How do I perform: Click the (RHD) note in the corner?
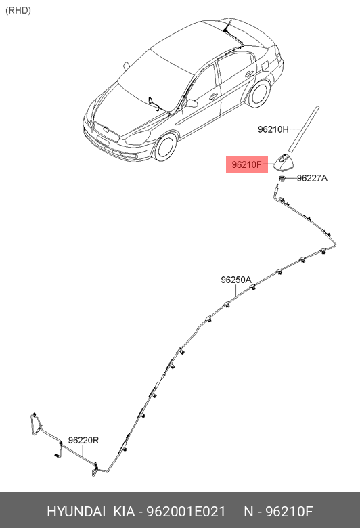[18, 10]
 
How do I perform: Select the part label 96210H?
[273, 129]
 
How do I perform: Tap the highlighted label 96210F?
[246, 164]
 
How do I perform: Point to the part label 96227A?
[312, 178]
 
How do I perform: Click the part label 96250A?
[236, 280]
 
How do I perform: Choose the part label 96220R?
[83, 440]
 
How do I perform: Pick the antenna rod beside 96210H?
[303, 130]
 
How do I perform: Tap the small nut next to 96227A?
[282, 178]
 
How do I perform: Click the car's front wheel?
[166, 147]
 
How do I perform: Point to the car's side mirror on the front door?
[191, 103]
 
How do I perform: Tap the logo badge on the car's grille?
[106, 129]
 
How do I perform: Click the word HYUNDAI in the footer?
[76, 512]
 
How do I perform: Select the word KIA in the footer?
[125, 512]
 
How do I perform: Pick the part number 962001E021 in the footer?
[185, 512]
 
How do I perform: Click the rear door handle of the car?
[249, 74]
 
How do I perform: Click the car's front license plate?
[102, 140]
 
